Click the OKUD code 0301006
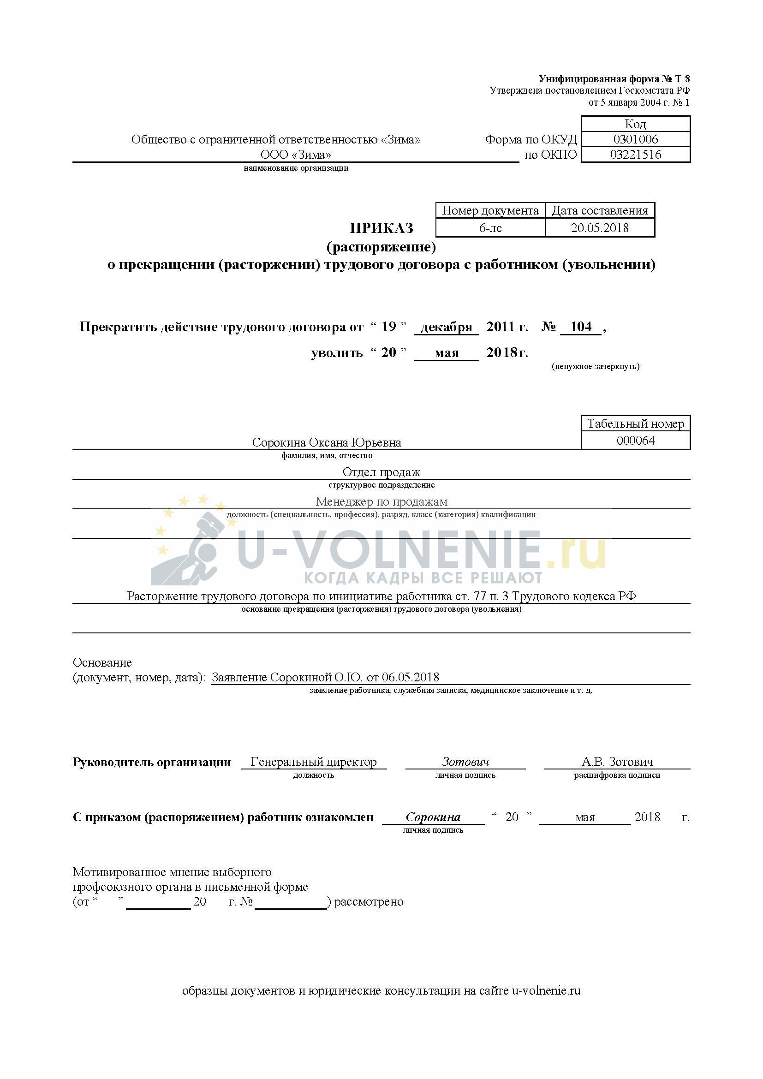(635, 139)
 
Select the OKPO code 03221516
(635, 155)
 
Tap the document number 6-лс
(490, 228)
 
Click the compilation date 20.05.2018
(600, 228)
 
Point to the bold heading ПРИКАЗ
(381, 228)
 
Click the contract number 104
(581, 327)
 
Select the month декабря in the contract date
(447, 327)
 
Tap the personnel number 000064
(635, 441)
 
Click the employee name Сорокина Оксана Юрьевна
(327, 442)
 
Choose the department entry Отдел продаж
(381, 472)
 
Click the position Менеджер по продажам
(381, 501)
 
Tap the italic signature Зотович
(465, 762)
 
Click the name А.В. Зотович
(617, 762)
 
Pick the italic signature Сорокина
(433, 817)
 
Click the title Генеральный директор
(313, 762)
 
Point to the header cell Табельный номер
(635, 423)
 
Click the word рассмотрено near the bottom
(369, 902)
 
